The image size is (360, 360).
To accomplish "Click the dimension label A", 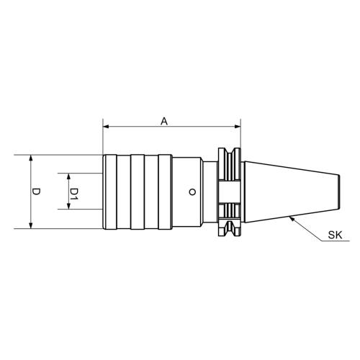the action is (x=164, y=121).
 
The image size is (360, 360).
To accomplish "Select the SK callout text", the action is (x=335, y=235).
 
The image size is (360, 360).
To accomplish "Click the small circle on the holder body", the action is (x=192, y=192).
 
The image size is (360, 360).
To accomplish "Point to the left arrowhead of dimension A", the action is (x=106, y=127).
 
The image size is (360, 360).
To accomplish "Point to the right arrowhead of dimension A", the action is (x=238, y=127).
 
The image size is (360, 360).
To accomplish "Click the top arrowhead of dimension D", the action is (x=30, y=158).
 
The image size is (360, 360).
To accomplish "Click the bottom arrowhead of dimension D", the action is (x=30, y=225).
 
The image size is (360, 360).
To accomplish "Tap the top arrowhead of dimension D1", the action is (x=68, y=176).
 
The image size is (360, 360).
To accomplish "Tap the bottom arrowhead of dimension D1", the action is (x=68, y=206).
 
